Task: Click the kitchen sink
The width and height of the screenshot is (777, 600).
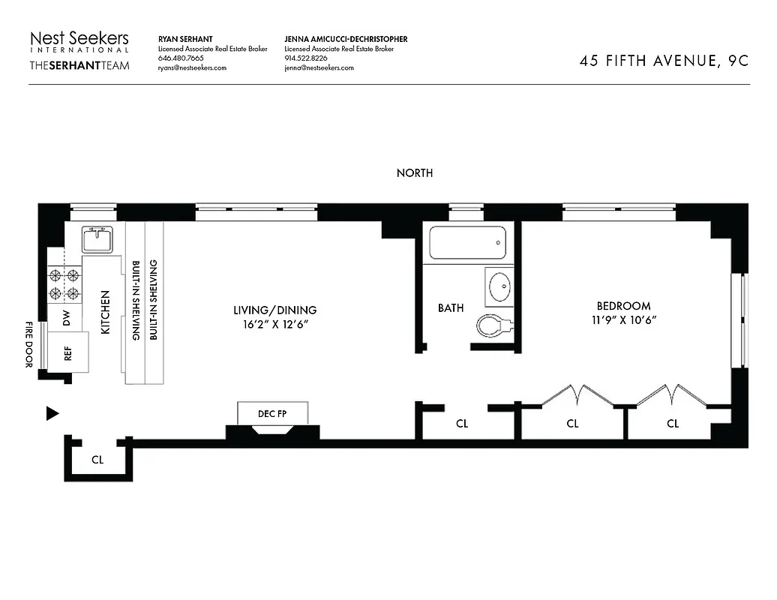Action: pos(97,240)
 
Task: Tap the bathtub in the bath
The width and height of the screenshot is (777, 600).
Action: pos(467,243)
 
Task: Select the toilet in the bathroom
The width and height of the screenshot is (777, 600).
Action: pos(494,325)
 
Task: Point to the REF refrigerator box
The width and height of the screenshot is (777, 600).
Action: pos(68,352)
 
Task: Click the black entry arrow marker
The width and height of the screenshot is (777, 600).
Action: pos(52,413)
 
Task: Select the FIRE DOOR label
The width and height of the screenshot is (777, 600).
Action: pos(29,344)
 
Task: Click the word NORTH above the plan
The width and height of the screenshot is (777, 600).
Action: pos(415,173)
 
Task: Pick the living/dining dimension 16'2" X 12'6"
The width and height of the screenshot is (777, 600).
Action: pos(274,324)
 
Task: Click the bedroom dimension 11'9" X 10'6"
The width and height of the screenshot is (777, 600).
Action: pos(623,320)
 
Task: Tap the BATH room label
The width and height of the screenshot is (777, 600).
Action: pos(451,307)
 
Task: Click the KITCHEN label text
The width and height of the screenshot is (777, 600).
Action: pos(105,313)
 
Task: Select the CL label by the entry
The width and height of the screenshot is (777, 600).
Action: pos(97,460)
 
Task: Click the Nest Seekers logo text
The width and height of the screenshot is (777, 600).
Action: pos(79,39)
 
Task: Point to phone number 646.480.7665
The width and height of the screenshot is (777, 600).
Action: pos(181,58)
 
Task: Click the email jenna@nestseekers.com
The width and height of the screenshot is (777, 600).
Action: pos(319,68)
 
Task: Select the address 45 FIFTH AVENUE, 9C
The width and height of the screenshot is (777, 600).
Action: pos(664,61)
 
